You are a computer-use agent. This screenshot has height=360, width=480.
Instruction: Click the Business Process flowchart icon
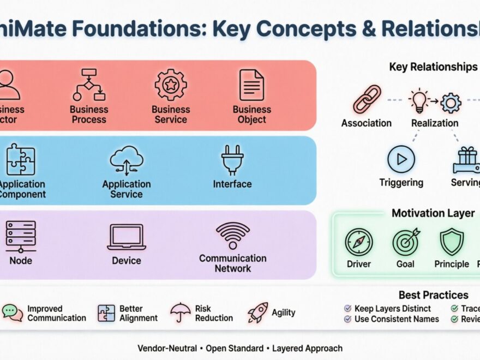[x=88, y=85]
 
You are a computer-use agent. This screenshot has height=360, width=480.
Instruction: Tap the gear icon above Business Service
[x=171, y=85]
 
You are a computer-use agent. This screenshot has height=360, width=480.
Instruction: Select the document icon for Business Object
[x=251, y=85]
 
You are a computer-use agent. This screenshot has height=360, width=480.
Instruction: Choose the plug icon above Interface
[x=232, y=160]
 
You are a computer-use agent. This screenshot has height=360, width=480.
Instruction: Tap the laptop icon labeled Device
[x=127, y=237]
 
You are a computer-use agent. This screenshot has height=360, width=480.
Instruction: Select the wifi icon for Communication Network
[x=232, y=235]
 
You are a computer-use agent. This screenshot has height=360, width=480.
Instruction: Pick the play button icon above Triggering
[x=401, y=159]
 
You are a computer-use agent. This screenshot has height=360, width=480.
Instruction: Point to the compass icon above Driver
[x=358, y=242]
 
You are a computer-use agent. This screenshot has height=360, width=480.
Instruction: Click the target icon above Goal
[x=406, y=242]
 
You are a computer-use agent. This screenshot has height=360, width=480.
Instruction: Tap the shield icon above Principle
[x=452, y=242]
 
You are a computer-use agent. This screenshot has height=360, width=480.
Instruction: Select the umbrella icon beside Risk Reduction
[x=179, y=313]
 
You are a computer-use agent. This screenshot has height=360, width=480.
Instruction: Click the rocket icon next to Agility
[x=257, y=313]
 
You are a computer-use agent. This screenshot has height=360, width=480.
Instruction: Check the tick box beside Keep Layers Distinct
[x=347, y=309]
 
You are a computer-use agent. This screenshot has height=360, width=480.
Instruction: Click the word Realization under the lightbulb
[x=435, y=123]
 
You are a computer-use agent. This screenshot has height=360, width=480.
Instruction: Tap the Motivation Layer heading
[x=433, y=213]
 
